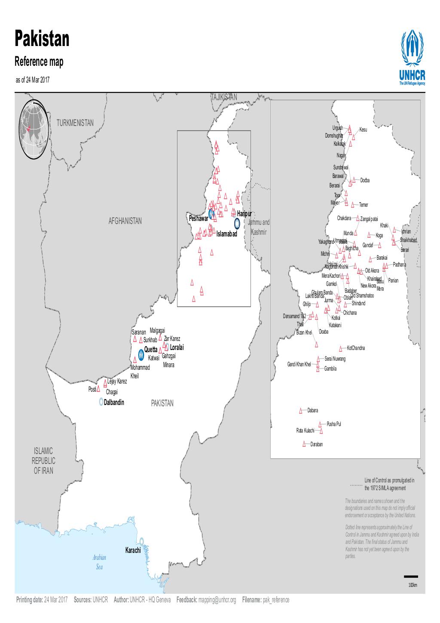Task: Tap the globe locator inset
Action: tap(35, 129)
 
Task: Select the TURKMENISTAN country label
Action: tap(75, 123)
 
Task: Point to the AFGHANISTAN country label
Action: tap(125, 221)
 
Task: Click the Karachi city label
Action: tap(133, 550)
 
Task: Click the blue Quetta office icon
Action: tap(141, 354)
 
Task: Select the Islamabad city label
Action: tap(226, 234)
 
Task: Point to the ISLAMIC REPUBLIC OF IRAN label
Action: tap(43, 460)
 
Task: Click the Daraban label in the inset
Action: tap(316, 444)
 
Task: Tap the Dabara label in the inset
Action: tap(312, 411)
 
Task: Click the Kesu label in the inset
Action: tap(363, 129)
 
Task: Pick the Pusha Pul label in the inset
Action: tap(333, 424)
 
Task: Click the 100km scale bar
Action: tap(411, 576)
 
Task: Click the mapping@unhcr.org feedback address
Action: tap(217, 600)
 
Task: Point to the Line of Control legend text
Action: tap(388, 484)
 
